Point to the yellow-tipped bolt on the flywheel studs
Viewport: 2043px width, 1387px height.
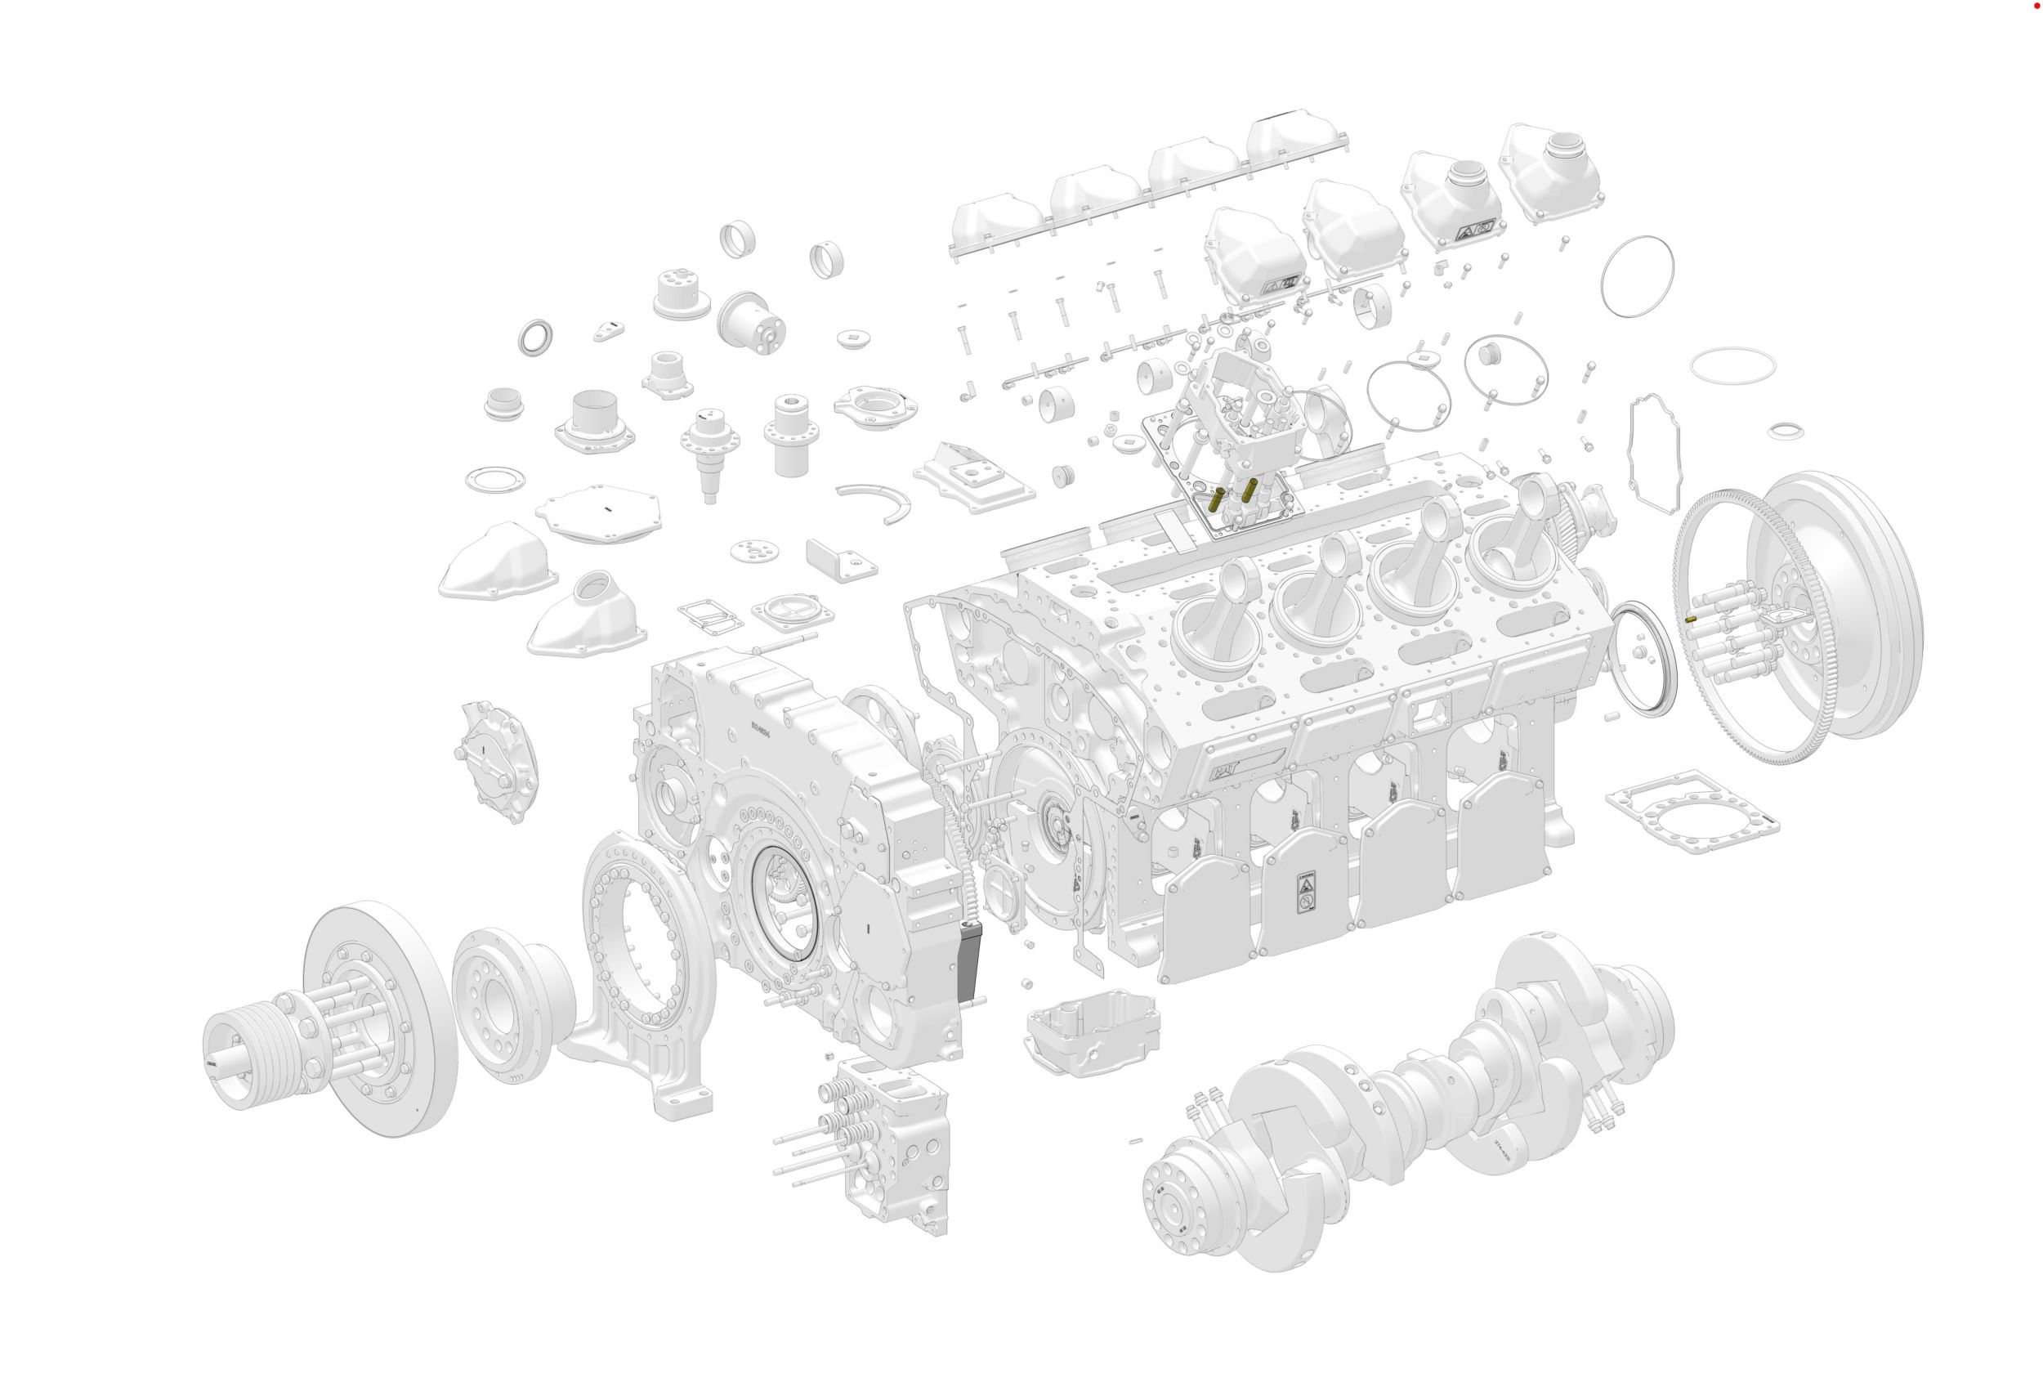click(1692, 618)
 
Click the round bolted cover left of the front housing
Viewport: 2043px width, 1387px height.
click(497, 760)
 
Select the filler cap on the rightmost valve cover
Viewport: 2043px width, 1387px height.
click(1564, 143)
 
